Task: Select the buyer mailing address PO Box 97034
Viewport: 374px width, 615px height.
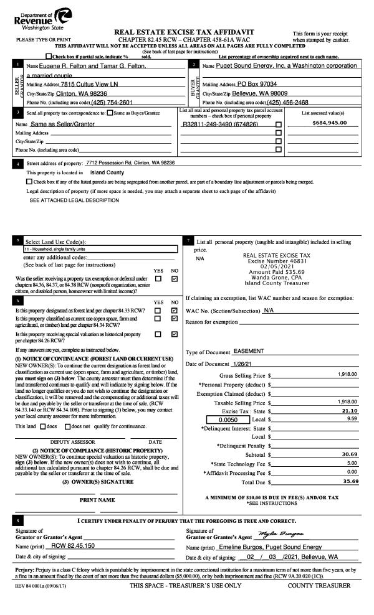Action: click(x=257, y=84)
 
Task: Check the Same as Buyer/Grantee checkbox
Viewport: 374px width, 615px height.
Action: click(x=110, y=113)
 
